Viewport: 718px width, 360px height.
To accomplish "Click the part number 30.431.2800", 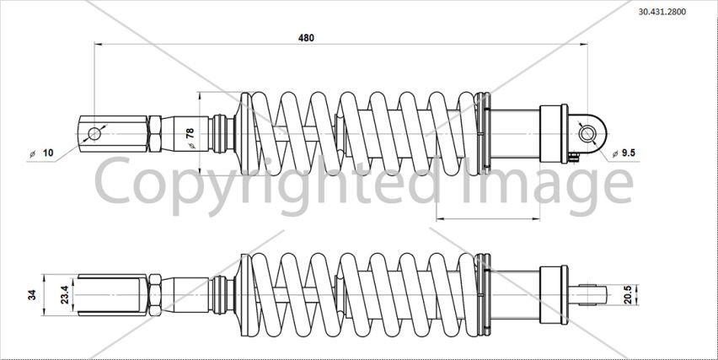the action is coord(662,12).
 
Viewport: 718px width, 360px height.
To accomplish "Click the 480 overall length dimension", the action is coord(307,38).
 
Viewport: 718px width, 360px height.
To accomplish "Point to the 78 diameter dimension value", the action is coord(190,133).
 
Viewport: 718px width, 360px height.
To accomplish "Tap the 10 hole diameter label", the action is coord(48,153).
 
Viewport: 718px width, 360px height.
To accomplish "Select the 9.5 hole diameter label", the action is coord(630,153).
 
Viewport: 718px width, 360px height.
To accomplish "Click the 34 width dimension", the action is coord(31,294).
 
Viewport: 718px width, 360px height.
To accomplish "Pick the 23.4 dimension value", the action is coord(65,294).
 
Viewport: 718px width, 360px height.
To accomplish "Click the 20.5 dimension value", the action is coord(628,294).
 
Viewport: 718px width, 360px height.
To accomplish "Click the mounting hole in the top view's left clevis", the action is coord(94,134).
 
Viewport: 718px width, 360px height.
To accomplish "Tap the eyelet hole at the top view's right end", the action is coord(587,134).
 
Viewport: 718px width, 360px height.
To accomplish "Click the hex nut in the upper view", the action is coord(155,134).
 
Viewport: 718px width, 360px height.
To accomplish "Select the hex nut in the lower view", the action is coord(155,295).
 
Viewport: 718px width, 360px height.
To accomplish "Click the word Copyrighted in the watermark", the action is coord(265,183).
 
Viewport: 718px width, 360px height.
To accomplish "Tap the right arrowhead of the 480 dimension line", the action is coord(583,45).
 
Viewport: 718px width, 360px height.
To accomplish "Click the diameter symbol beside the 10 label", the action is coord(33,154).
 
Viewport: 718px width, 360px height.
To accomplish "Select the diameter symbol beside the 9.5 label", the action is coord(615,154).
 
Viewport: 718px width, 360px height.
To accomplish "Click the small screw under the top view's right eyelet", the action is coord(574,157).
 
